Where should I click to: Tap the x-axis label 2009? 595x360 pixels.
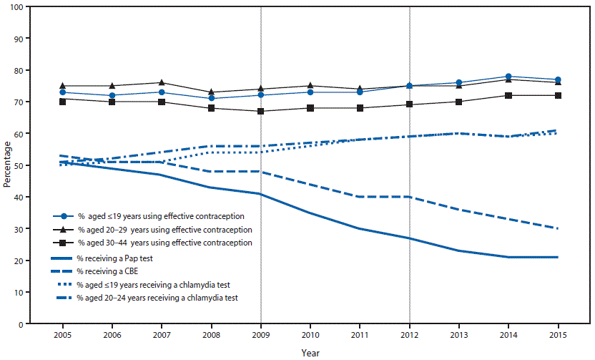(x=260, y=335)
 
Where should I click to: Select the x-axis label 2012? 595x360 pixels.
(x=409, y=335)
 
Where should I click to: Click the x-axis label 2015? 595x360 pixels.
(x=558, y=335)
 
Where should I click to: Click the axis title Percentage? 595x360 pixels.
(x=6, y=165)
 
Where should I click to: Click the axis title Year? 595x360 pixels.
(x=310, y=352)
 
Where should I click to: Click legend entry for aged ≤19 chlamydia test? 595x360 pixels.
(x=154, y=285)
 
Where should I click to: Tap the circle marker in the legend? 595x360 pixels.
(x=64, y=215)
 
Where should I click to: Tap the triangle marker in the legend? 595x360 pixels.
(x=64, y=229)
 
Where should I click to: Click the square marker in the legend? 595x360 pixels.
(x=64, y=243)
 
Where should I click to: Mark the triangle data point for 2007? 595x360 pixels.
(x=162, y=83)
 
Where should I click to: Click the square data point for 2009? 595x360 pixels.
(x=260, y=112)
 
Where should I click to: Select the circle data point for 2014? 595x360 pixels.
(x=508, y=77)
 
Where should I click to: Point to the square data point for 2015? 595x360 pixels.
(x=558, y=96)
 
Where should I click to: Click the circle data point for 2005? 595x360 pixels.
(x=63, y=92)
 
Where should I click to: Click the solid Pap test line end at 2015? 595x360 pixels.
(x=558, y=257)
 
